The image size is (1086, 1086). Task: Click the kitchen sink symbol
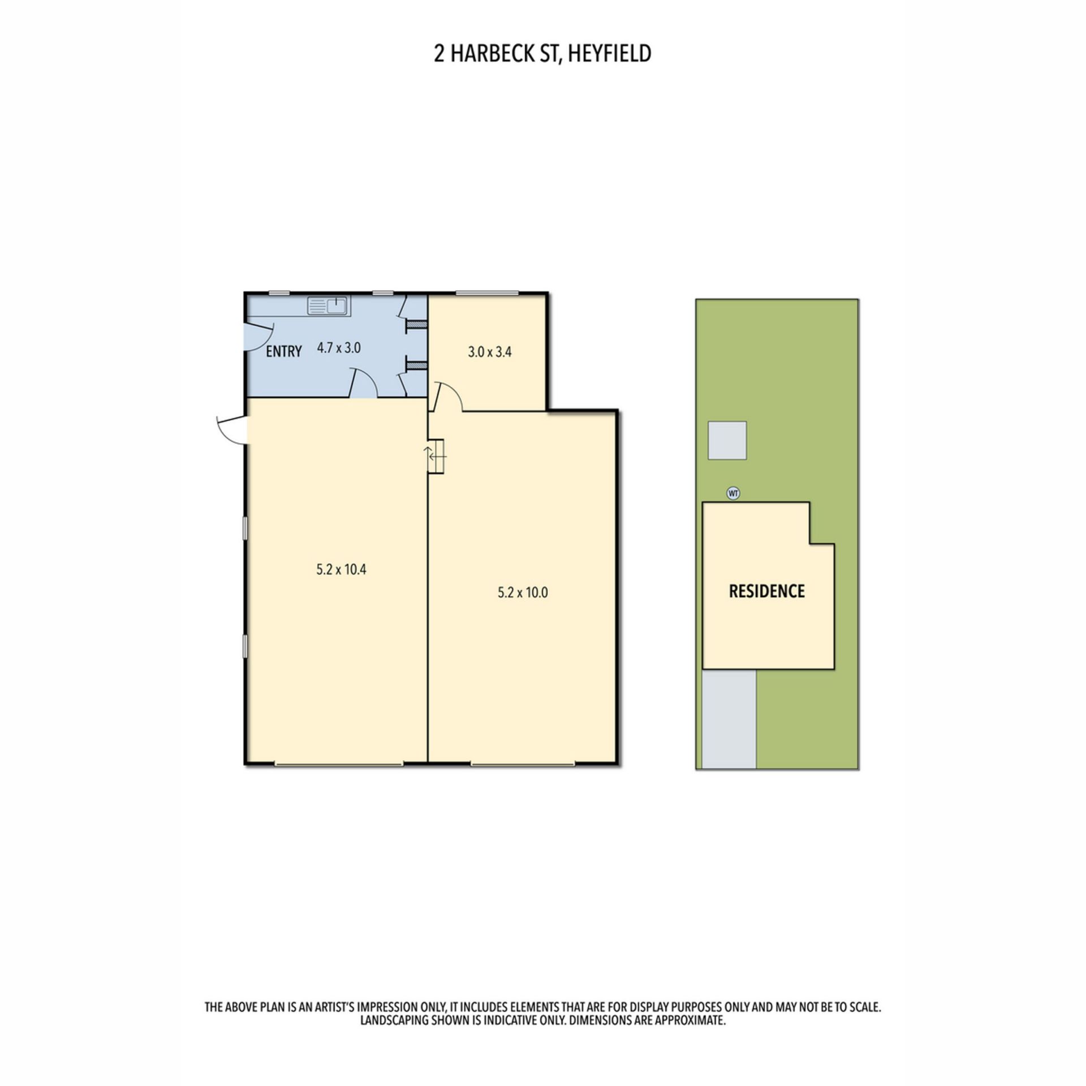tap(329, 305)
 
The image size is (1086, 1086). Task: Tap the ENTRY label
tap(283, 351)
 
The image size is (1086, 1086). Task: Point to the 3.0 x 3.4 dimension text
tap(490, 352)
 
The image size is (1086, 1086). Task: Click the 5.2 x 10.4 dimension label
tap(341, 569)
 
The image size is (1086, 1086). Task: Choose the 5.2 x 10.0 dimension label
tap(523, 593)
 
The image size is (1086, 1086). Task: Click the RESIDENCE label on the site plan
tap(766, 591)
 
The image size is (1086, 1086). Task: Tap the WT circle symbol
tap(733, 493)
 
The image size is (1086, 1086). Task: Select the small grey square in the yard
tap(727, 440)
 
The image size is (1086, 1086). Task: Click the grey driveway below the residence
tap(729, 719)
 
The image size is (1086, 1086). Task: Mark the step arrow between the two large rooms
tap(435, 455)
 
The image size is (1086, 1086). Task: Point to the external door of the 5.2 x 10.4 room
tap(232, 429)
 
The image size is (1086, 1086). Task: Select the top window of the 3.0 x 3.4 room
tap(487, 293)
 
